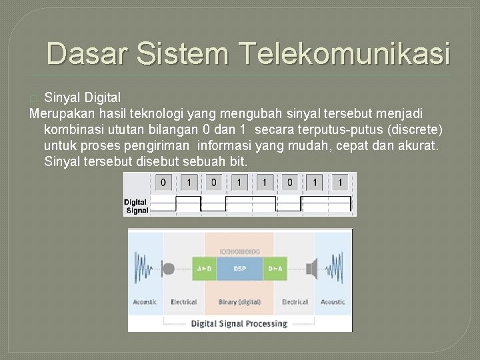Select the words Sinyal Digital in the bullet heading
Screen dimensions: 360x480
[83, 98]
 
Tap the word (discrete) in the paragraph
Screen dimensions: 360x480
[416, 128]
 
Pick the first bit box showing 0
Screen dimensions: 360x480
[163, 182]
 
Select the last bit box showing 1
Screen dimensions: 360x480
[341, 182]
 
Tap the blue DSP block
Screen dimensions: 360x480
[240, 269]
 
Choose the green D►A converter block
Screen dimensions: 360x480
[275, 269]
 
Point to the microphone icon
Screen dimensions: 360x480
[168, 269]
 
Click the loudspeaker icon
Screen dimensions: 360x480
[311, 269]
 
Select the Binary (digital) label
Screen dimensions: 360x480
[240, 302]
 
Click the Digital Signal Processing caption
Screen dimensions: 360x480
[239, 324]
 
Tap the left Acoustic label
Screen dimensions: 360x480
[145, 302]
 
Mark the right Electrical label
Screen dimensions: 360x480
[295, 302]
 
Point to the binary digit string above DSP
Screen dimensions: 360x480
[240, 251]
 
